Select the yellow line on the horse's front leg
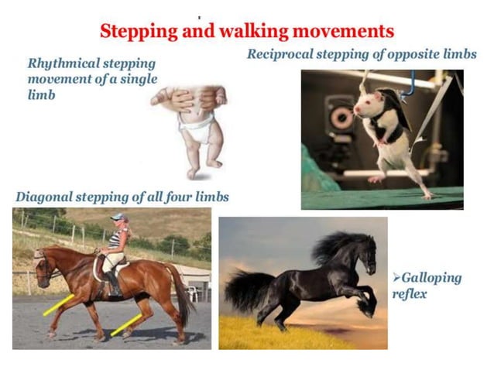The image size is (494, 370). (58, 305)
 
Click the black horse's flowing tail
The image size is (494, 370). (249, 290)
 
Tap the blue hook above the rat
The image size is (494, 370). (409, 81)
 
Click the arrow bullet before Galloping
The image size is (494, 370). (396, 277)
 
